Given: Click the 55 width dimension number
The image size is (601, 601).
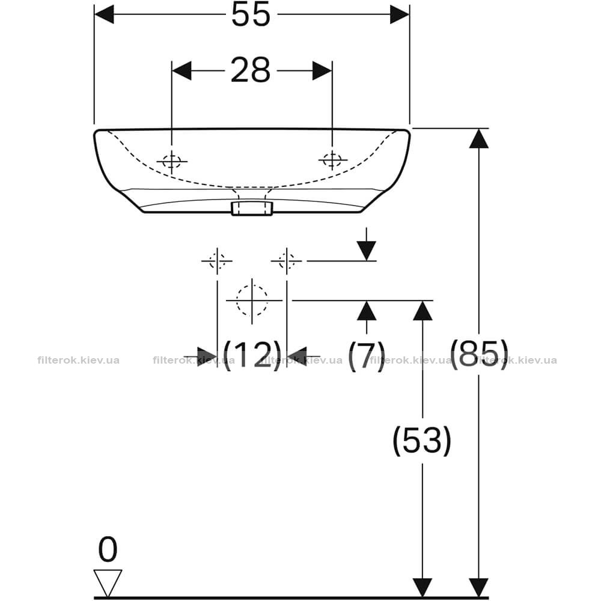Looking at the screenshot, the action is pyautogui.click(x=251, y=14).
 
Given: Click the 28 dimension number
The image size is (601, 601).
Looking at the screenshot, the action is pyautogui.click(x=251, y=70).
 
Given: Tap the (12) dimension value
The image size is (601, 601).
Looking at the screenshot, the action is pyautogui.click(x=252, y=355).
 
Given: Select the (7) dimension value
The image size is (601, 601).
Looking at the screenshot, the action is pyautogui.click(x=367, y=355).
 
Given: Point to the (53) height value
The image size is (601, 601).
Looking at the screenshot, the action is pyautogui.click(x=423, y=441).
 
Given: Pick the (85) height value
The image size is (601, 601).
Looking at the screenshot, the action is pyautogui.click(x=479, y=354).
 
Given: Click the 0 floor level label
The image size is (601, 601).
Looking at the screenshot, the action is pyautogui.click(x=108, y=549).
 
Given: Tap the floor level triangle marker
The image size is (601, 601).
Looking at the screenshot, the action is pyautogui.click(x=108, y=582).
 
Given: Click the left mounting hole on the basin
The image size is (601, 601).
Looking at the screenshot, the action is pyautogui.click(x=172, y=161).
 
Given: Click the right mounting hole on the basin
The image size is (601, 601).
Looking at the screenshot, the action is pyautogui.click(x=333, y=159).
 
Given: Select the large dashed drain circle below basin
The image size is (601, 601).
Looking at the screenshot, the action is pyautogui.click(x=252, y=300).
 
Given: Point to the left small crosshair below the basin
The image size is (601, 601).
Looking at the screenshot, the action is pyautogui.click(x=217, y=261).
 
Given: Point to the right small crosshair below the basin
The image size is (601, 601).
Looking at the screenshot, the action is pyautogui.click(x=287, y=261).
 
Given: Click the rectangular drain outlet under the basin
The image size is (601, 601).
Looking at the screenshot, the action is pyautogui.click(x=251, y=208).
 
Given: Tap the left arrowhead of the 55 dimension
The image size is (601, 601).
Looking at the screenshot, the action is pyautogui.click(x=104, y=14).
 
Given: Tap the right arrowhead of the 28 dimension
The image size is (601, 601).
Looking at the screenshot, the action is pyautogui.click(x=322, y=70).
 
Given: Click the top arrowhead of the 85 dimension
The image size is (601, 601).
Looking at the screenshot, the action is pyautogui.click(x=479, y=138).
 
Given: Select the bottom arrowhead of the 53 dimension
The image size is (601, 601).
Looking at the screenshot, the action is pyautogui.click(x=423, y=588).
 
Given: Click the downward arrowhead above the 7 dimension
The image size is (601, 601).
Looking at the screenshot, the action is pyautogui.click(x=367, y=251).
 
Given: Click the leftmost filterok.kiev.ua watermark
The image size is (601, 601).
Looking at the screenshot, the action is pyautogui.click(x=79, y=360).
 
